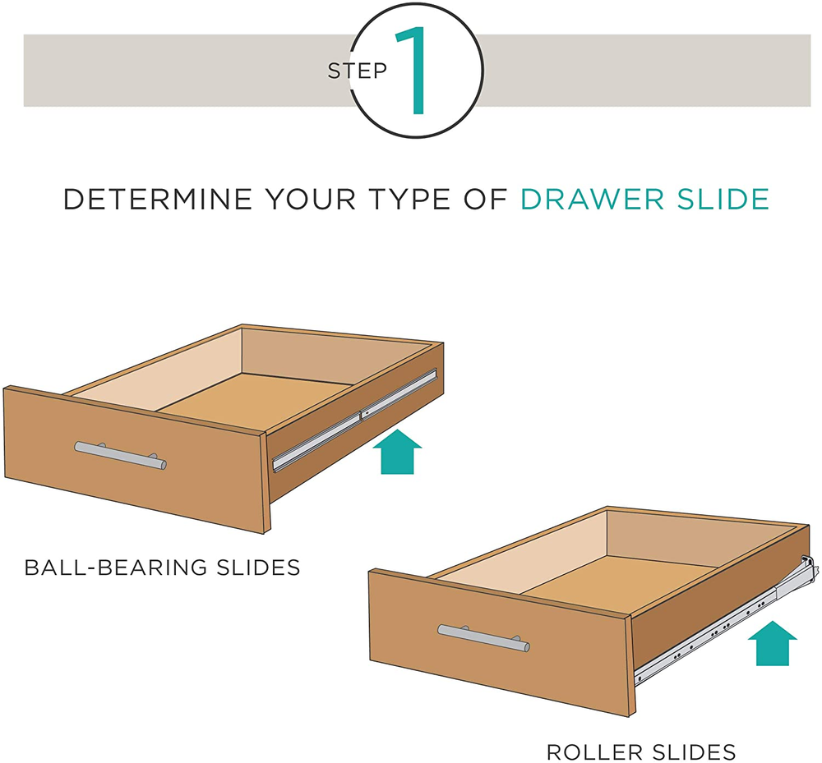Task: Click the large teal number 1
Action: click(414, 71)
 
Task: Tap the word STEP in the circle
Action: click(357, 71)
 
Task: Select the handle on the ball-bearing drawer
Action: click(120, 455)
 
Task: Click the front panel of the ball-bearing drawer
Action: click(132, 468)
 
